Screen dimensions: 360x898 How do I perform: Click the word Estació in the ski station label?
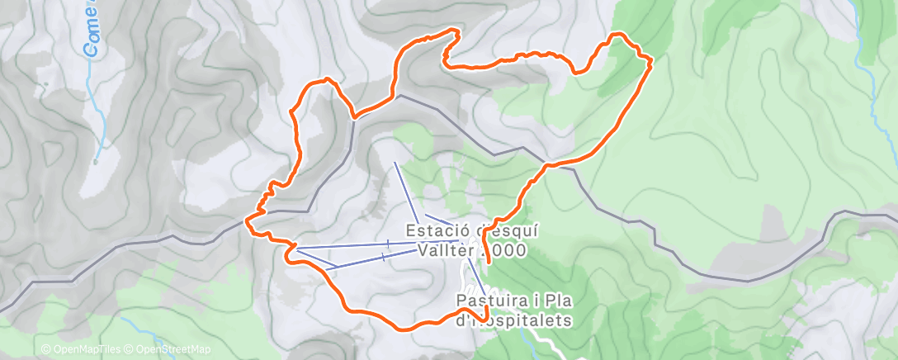click(431, 231)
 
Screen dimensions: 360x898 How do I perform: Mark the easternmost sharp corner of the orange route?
click(651, 59)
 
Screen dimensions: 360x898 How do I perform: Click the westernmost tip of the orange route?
click(247, 221)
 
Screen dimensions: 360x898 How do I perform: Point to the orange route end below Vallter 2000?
click(489, 261)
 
